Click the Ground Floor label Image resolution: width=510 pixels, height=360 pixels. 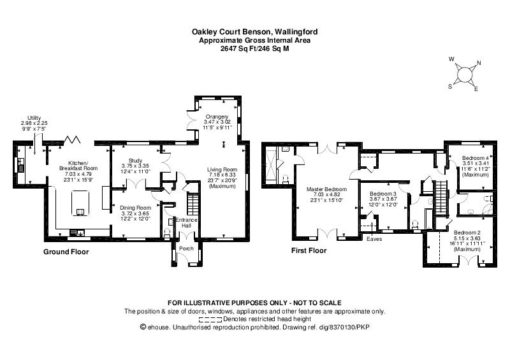(66, 252)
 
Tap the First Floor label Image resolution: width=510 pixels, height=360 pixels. (309, 250)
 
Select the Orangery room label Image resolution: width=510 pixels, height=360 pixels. (217, 117)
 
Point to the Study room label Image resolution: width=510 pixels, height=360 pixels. (135, 161)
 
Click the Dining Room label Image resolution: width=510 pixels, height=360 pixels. (135, 208)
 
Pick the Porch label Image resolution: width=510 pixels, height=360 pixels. (186, 248)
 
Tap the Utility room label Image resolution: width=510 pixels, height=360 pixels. (34, 118)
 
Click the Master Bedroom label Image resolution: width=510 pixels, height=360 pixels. (326, 189)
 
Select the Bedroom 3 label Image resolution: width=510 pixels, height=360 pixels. (383, 194)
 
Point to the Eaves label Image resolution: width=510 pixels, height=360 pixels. (374, 239)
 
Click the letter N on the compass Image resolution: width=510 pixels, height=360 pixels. (479, 63)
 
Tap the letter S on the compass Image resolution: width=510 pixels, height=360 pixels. (450, 87)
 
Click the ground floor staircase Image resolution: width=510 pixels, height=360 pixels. (193, 204)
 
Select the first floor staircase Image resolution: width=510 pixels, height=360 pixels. (440, 197)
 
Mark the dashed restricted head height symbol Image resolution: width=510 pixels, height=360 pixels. (210, 319)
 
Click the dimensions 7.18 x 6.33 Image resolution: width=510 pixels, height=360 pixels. (222, 175)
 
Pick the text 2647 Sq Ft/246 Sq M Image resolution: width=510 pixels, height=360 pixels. (254, 49)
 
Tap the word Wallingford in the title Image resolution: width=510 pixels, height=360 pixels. (296, 32)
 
